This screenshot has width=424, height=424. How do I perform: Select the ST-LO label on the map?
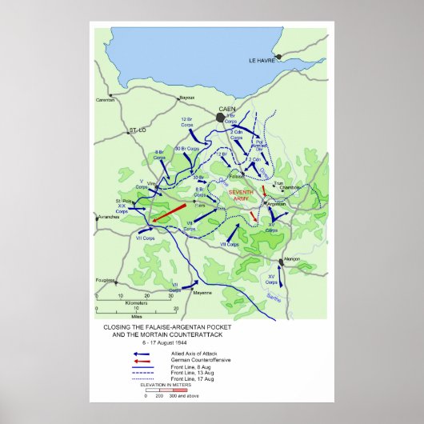pos(139,129)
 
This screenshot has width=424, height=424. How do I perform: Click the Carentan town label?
pos(106,100)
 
